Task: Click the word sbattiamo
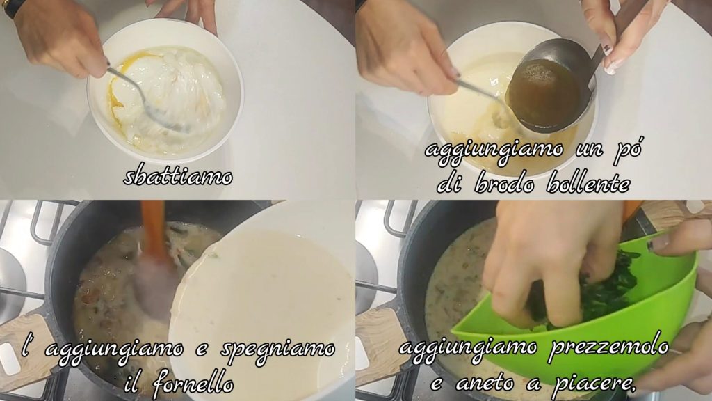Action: click(x=178, y=176)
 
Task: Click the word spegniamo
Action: click(x=278, y=350)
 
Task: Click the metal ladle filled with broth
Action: click(x=549, y=86)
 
